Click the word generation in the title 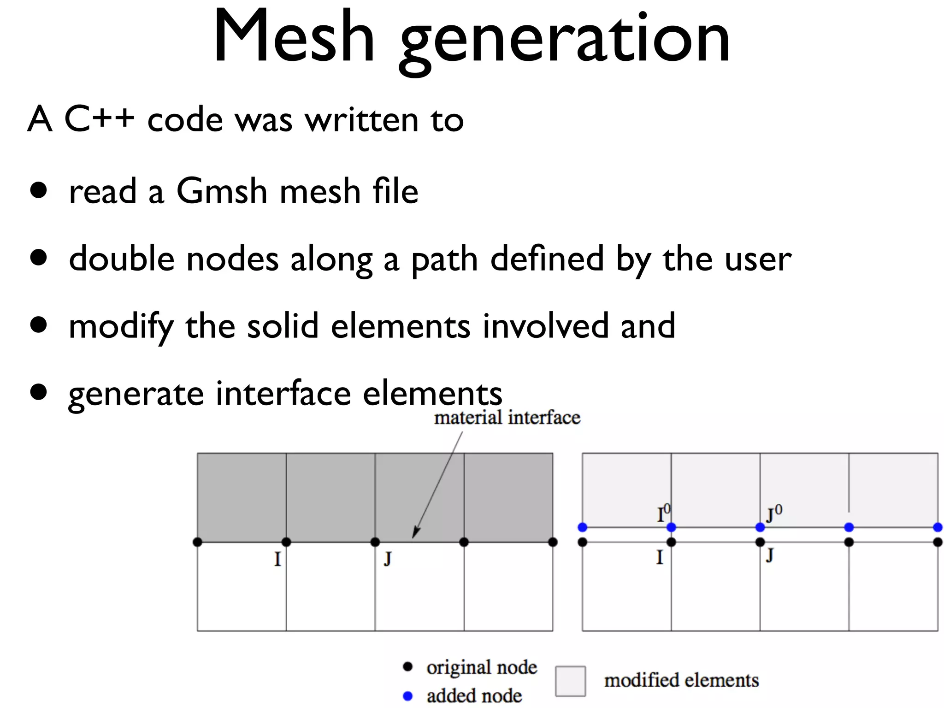565,41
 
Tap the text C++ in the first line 99,119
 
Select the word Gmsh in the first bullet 222,191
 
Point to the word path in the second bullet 444,260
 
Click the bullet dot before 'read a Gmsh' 39,190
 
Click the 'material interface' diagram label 507,418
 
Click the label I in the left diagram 277,560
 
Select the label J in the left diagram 388,559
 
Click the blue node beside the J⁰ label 760,527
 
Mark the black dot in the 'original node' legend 407,667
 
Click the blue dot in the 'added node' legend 407,696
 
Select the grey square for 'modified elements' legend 570,681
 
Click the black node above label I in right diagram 671,542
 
